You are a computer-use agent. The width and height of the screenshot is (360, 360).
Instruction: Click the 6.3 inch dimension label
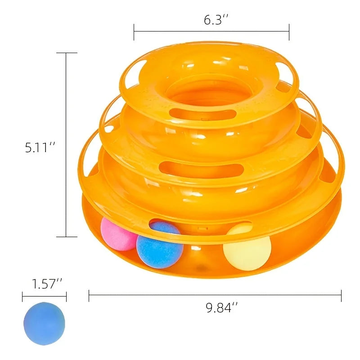coord(216,19)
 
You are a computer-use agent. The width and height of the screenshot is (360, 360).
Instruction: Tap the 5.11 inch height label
coord(40,147)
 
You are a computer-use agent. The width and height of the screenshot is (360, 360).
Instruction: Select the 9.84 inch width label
coord(221,307)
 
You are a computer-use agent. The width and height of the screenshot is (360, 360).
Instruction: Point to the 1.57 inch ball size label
coord(47,283)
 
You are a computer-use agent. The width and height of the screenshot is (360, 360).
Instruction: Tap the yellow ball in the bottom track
coord(247,248)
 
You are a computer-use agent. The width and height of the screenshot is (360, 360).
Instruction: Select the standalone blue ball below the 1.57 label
coord(44,323)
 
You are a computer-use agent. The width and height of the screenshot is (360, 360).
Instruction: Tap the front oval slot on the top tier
coord(203,114)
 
